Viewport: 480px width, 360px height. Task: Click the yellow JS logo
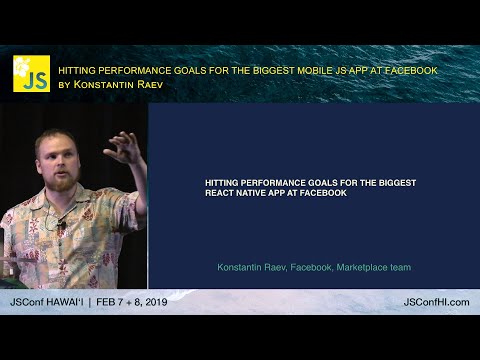tap(31, 74)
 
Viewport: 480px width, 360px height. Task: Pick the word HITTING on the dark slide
tap(220, 183)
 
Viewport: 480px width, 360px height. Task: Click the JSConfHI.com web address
tap(436, 302)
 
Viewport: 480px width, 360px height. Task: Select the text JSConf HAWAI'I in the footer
tap(46, 302)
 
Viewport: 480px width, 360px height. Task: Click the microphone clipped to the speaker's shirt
tap(61, 226)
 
